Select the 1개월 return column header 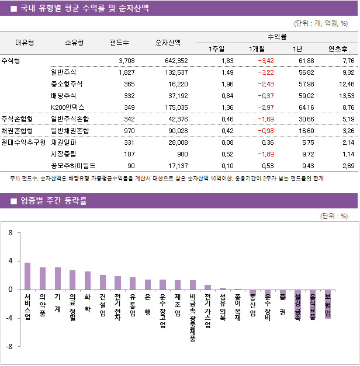[257, 48]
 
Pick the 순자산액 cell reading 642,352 [176, 61]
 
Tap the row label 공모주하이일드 [74, 165]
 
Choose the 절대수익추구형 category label [23, 142]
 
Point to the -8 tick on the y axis [11, 346]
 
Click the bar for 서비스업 [27, 276]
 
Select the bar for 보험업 [328, 304]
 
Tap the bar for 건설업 [103, 282]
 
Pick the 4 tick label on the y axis [11, 260]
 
